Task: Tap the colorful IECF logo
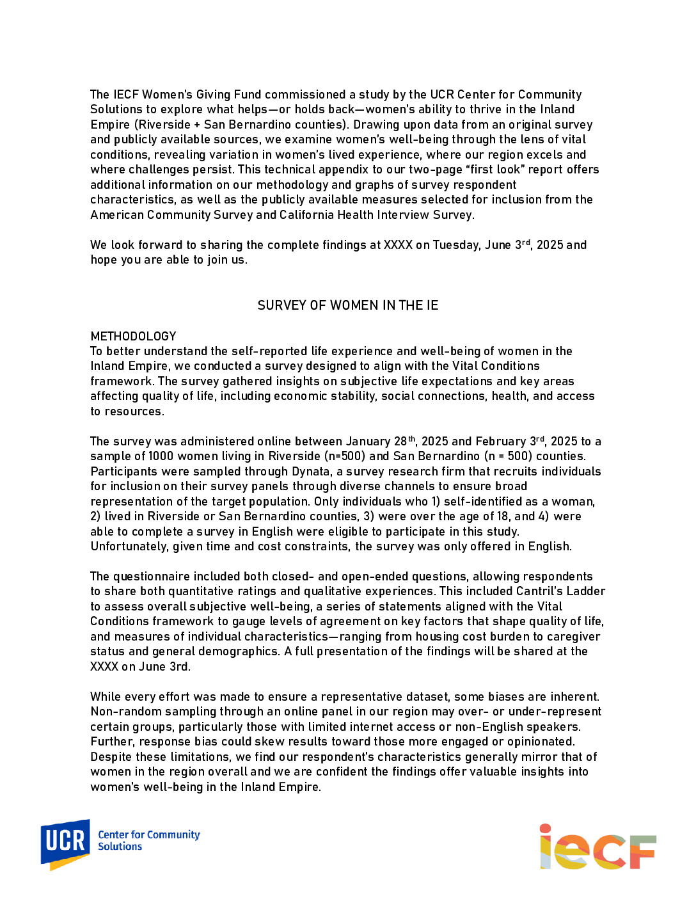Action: tap(597, 847)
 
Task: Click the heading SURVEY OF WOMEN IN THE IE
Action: tap(347, 305)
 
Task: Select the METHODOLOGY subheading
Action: tap(133, 336)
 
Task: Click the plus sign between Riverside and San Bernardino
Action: tap(197, 125)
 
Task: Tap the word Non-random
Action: tap(120, 712)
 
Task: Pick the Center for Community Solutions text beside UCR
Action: tap(148, 840)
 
